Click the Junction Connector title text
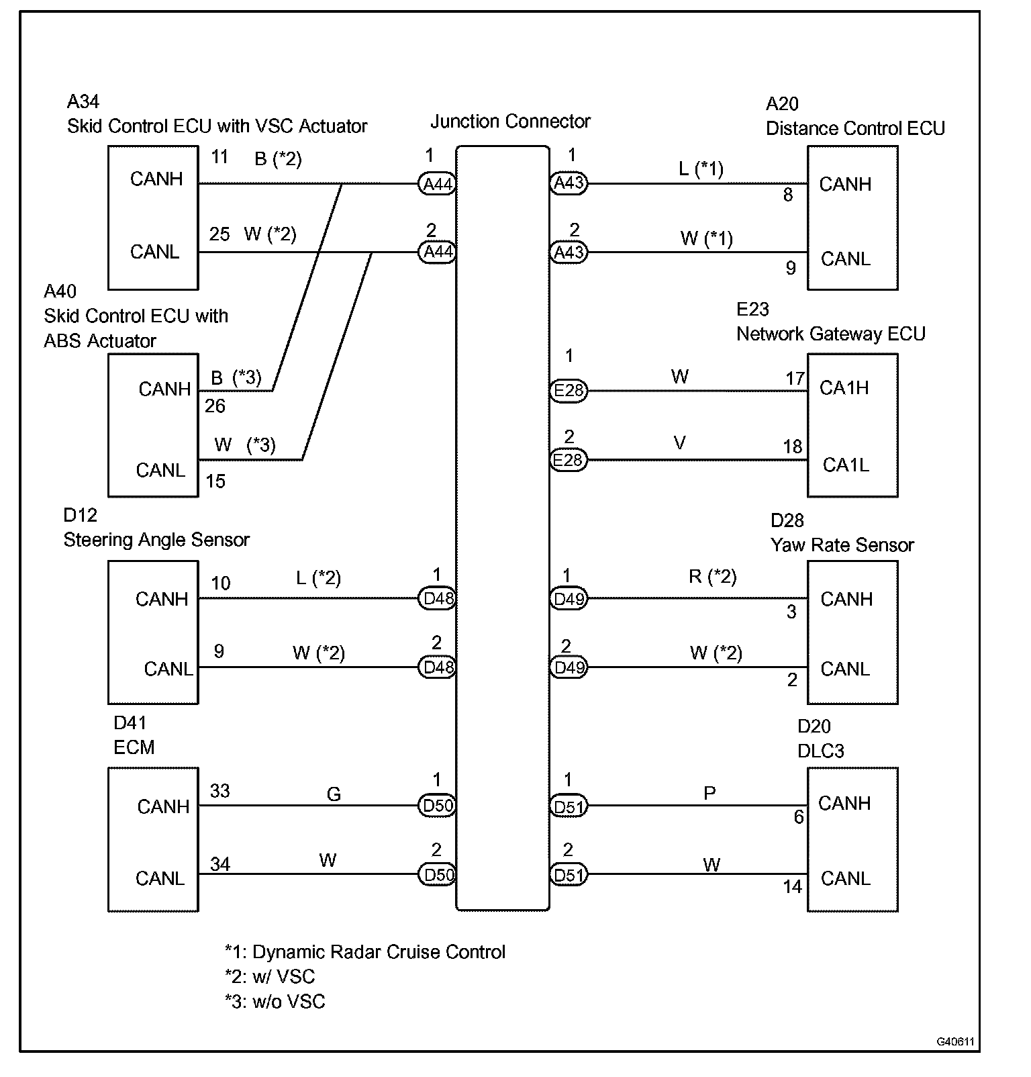click(510, 122)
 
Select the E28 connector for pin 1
click(569, 391)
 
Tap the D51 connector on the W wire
click(569, 875)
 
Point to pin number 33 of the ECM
click(219, 791)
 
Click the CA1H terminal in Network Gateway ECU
click(844, 388)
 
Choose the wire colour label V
click(679, 444)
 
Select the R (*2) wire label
click(712, 577)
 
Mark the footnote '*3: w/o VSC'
click(275, 1002)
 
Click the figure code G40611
click(955, 1041)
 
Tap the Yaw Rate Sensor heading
click(842, 545)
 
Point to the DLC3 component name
click(820, 751)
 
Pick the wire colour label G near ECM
click(334, 795)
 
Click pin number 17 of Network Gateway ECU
click(795, 379)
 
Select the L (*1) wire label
click(701, 169)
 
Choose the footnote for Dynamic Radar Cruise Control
click(365, 952)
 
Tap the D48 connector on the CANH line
click(438, 598)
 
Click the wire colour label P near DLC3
click(709, 794)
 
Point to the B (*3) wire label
click(236, 378)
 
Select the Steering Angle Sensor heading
click(156, 540)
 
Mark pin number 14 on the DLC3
click(792, 887)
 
